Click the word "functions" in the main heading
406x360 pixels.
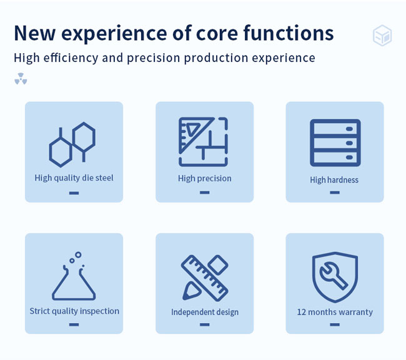[x=288, y=33]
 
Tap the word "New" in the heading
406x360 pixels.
[x=35, y=33]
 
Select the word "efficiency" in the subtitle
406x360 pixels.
[x=71, y=57]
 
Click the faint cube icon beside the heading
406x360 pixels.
[x=382, y=35]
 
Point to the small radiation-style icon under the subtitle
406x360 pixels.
[x=21, y=79]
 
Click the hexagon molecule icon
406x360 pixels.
[x=72, y=144]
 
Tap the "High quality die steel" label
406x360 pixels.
[x=74, y=178]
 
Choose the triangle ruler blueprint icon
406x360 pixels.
[x=203, y=142]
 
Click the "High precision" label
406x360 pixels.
[x=204, y=179]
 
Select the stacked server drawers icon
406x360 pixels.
[x=335, y=142]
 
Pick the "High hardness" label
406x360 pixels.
[x=334, y=180]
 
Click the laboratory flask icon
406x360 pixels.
[x=74, y=276]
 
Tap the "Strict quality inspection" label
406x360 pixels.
[x=74, y=311]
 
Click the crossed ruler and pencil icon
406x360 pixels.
[x=204, y=278]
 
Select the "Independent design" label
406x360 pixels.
[x=205, y=312]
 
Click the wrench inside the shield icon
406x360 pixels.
[x=334, y=276]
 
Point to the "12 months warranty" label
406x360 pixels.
[x=335, y=312]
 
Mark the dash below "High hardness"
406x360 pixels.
[x=335, y=192]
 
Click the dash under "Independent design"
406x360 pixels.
[x=204, y=324]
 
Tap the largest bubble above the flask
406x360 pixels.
[x=78, y=254]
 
